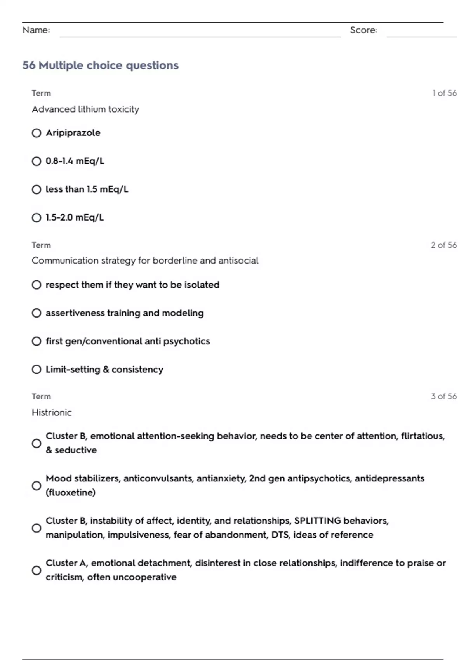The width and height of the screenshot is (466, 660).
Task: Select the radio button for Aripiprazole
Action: click(37, 133)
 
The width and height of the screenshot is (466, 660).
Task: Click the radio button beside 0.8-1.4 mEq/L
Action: click(37, 161)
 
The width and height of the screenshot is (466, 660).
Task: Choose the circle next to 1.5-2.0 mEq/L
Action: click(37, 217)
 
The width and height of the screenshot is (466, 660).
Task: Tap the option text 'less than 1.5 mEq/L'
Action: click(87, 189)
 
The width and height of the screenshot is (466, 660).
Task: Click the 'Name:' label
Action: click(36, 30)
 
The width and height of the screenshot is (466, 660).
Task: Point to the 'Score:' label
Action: click(363, 30)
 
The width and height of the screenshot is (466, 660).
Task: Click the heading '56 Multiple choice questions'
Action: click(100, 65)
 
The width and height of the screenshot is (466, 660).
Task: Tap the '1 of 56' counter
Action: click(445, 93)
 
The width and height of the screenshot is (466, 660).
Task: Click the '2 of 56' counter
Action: click(444, 245)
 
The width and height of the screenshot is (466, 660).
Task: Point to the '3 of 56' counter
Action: click(444, 396)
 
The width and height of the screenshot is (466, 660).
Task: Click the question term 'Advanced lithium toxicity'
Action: click(85, 109)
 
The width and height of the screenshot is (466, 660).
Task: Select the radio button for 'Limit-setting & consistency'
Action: click(37, 369)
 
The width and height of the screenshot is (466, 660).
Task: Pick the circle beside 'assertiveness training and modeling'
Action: click(37, 313)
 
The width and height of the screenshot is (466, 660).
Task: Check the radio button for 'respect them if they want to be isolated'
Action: click(37, 285)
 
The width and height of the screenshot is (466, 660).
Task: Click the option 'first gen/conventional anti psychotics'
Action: click(128, 341)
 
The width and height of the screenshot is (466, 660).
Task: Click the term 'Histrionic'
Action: click(52, 412)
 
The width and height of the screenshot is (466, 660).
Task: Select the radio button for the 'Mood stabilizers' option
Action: click(37, 486)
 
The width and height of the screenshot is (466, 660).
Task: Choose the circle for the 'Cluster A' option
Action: click(37, 570)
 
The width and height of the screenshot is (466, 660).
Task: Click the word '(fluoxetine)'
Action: click(70, 493)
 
